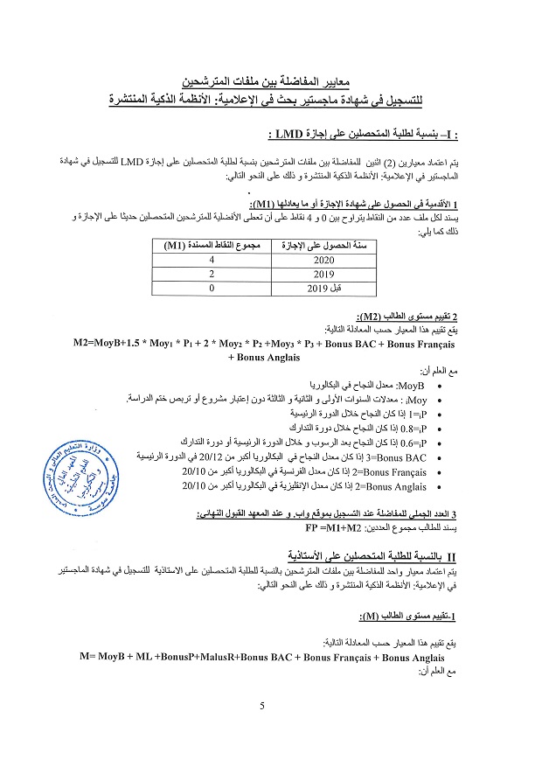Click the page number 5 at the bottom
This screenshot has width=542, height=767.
pyautogui.click(x=262, y=706)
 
